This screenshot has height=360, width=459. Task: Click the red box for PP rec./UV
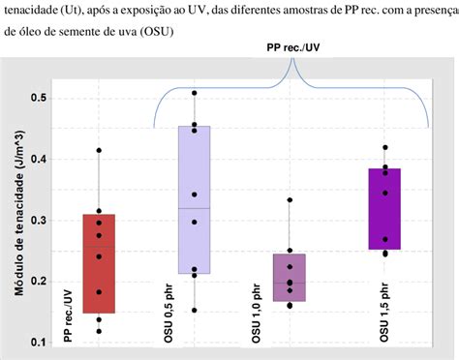99,263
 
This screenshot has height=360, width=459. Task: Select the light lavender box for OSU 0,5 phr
195,199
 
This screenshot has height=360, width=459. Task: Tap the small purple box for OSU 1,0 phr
290,277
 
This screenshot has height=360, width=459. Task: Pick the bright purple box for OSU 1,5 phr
384,209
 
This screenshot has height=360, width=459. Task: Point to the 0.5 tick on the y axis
38,98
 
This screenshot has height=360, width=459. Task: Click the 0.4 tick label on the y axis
38,159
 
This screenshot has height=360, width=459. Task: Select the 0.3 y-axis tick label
38,221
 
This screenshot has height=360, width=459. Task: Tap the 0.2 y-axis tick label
38,282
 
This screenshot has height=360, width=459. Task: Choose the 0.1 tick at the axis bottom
38,343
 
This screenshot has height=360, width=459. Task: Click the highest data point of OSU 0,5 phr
195,94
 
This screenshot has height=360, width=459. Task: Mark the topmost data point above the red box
99,150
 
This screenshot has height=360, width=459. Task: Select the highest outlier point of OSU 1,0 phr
290,200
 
